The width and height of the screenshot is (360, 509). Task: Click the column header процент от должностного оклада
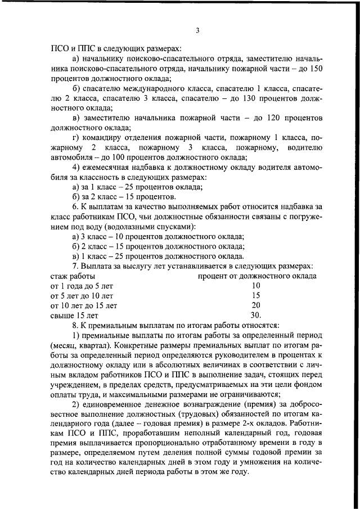point(256,276)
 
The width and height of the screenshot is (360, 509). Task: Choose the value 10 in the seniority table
point(256,285)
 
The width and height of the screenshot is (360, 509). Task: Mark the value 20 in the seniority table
point(256,305)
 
